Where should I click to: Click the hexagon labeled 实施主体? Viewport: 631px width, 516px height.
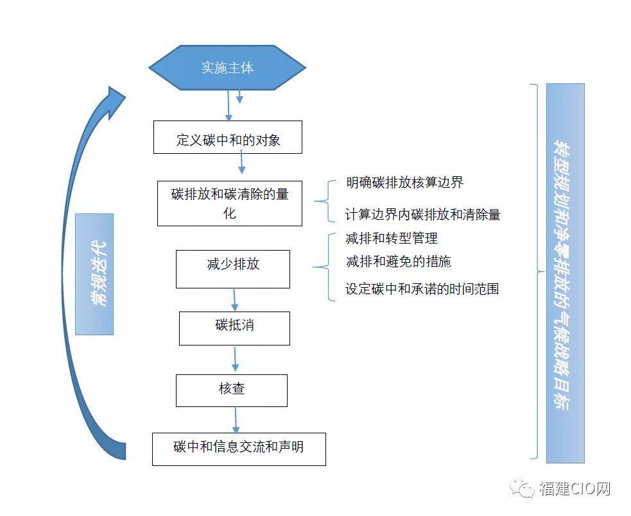(227, 67)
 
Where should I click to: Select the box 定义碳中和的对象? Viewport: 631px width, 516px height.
(228, 137)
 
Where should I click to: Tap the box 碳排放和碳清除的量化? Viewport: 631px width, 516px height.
(229, 203)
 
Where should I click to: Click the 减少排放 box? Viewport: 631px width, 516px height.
(232, 269)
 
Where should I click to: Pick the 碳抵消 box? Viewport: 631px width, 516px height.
(234, 328)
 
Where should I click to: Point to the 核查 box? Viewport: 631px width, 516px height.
(231, 390)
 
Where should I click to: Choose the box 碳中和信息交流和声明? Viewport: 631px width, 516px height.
(239, 449)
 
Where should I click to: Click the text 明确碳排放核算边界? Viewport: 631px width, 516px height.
(404, 183)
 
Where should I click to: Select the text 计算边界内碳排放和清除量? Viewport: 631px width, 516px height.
(422, 215)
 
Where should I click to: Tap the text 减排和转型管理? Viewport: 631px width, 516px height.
(392, 238)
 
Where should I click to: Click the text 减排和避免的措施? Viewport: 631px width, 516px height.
(398, 261)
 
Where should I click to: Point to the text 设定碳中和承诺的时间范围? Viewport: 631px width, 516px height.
(422, 288)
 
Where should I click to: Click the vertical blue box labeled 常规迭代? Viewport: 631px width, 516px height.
(94, 274)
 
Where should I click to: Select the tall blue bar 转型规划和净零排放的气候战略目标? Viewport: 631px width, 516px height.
(565, 273)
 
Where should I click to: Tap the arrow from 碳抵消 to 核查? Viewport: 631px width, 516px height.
(235, 360)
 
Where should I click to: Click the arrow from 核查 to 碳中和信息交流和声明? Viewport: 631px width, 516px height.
(236, 420)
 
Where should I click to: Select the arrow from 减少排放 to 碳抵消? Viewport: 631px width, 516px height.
(235, 300)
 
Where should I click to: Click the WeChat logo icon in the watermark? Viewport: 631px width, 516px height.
(523, 488)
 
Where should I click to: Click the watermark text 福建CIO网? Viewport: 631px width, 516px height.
(575, 489)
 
